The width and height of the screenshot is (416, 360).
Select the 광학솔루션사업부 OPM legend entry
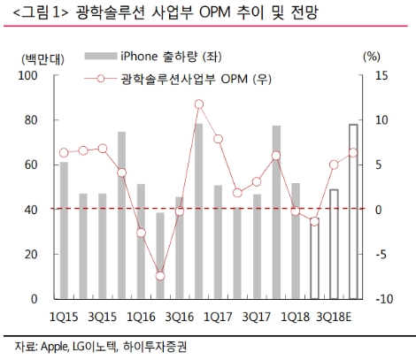pos(195,79)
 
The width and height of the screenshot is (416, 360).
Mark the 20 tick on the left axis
pos(32,255)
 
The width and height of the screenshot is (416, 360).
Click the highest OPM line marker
pos(199,104)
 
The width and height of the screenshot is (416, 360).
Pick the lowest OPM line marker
pos(160,276)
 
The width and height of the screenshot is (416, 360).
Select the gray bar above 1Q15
pos(64,230)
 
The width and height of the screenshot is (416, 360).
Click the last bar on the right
pos(353,211)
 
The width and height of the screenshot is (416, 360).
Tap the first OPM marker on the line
pos(64,153)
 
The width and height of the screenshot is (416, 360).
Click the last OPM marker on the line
pos(353,153)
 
